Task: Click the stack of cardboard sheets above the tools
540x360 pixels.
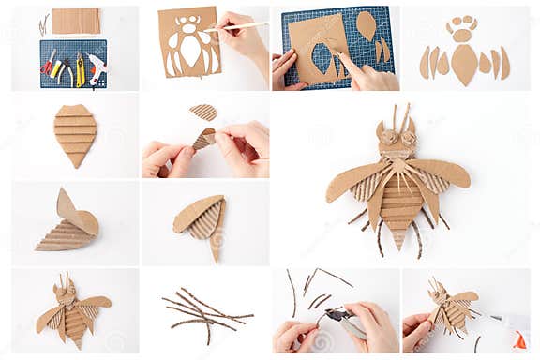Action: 75,21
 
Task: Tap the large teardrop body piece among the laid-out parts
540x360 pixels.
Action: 464,64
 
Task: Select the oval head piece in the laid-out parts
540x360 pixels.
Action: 462,35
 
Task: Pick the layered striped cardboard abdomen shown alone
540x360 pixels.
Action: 75,133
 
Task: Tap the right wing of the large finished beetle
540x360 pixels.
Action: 442,172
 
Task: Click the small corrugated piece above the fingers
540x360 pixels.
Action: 203,112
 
